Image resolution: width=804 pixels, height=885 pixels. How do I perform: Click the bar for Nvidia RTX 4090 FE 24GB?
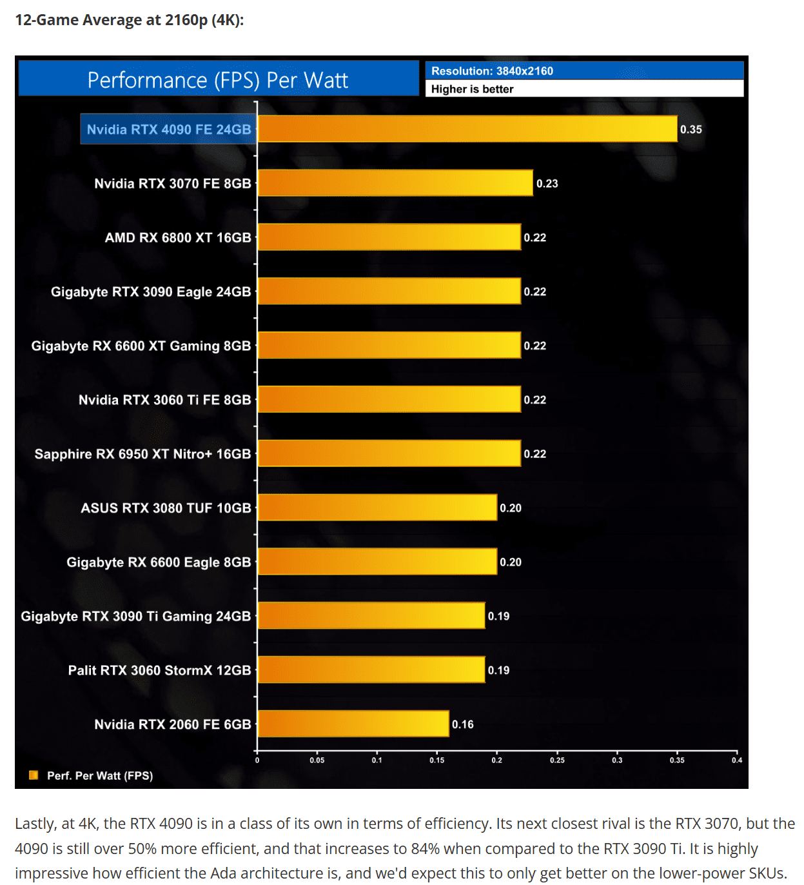[x=467, y=129]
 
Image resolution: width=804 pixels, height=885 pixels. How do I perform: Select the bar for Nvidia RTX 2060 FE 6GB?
[x=353, y=724]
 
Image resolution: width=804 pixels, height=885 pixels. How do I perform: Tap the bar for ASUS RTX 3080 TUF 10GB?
[x=377, y=508]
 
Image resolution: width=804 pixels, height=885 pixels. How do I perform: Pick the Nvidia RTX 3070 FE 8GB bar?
[x=395, y=183]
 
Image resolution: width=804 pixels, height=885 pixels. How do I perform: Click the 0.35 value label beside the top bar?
[x=691, y=130]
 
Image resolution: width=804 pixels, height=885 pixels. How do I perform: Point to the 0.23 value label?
[x=547, y=184]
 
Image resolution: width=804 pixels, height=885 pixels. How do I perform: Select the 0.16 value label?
[x=462, y=724]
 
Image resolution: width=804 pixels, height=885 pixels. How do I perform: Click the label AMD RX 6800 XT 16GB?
[x=178, y=238]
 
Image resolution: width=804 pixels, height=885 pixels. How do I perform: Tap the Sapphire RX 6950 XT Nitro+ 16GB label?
[x=142, y=454]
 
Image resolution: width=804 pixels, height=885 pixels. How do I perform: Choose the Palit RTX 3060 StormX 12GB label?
[x=159, y=670]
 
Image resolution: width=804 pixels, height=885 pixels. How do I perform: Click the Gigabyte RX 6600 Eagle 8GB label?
[x=159, y=562]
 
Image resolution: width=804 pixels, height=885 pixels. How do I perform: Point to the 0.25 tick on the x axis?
[x=557, y=760]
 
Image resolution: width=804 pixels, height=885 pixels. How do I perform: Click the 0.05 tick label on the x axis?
[x=317, y=760]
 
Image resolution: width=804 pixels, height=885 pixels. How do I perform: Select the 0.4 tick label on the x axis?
[x=736, y=760]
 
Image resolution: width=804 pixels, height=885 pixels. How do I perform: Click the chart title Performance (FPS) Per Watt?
[x=218, y=80]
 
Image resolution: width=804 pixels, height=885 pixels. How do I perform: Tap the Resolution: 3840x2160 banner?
[x=492, y=71]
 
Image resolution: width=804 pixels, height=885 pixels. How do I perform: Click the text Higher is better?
[x=472, y=89]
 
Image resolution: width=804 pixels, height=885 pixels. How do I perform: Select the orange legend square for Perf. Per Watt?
[x=34, y=775]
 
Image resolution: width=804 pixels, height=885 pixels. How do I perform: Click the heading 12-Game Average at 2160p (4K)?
[x=129, y=20]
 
